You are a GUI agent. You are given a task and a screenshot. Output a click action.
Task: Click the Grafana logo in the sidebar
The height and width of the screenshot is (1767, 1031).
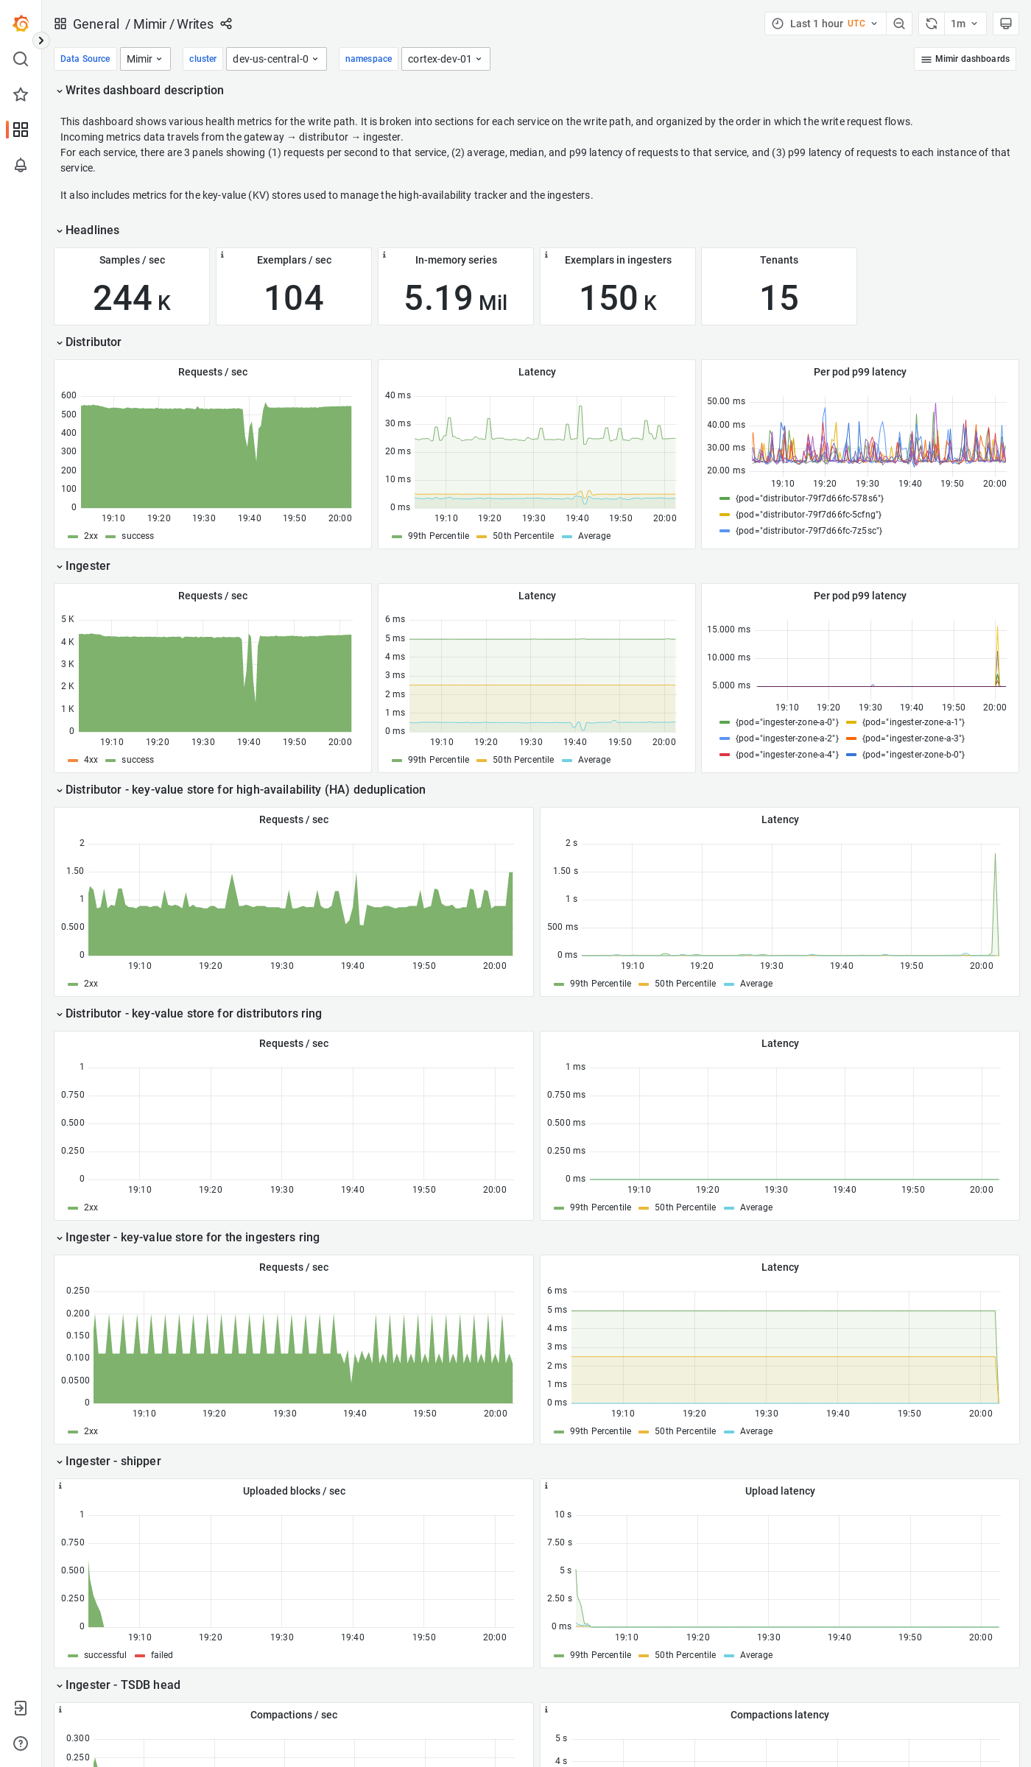21,24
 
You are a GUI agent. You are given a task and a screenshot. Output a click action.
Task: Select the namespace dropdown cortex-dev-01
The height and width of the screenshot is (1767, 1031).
445,59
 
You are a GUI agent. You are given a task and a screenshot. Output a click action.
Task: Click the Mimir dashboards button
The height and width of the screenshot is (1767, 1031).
965,59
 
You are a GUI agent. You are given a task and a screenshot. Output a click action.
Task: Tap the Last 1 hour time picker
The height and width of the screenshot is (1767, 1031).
825,24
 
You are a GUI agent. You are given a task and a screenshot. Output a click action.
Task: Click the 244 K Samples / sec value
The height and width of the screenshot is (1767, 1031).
132,298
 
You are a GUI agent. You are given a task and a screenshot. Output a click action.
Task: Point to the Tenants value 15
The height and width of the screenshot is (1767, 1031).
778,298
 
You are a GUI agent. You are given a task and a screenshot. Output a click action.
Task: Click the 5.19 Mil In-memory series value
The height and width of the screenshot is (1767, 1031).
455,298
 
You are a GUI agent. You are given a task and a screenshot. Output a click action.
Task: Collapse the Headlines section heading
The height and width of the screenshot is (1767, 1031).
92,230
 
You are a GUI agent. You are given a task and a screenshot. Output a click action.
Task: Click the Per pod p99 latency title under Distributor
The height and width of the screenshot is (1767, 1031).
859,372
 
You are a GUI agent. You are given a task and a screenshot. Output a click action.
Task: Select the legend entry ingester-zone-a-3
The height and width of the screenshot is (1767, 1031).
912,738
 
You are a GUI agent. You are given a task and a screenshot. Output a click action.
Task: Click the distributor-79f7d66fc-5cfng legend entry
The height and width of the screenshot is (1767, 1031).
808,515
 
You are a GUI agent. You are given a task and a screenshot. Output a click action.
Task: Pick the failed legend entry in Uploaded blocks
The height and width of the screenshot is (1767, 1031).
161,1655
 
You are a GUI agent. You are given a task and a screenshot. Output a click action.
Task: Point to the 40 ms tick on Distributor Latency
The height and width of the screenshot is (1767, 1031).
398,395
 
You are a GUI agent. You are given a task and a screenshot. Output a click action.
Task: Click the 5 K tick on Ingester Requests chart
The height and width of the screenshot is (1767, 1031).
68,619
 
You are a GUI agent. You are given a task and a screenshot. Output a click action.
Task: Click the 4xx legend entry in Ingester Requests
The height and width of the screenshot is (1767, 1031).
91,760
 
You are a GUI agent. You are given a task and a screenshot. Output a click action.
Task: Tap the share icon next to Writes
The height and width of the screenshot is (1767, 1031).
226,24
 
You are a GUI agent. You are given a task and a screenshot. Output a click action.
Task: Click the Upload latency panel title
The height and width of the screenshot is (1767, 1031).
779,1491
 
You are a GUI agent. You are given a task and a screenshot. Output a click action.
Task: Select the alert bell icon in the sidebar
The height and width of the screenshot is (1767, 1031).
21,165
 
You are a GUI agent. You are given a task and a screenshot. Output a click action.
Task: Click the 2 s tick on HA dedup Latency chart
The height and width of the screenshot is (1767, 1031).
571,843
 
